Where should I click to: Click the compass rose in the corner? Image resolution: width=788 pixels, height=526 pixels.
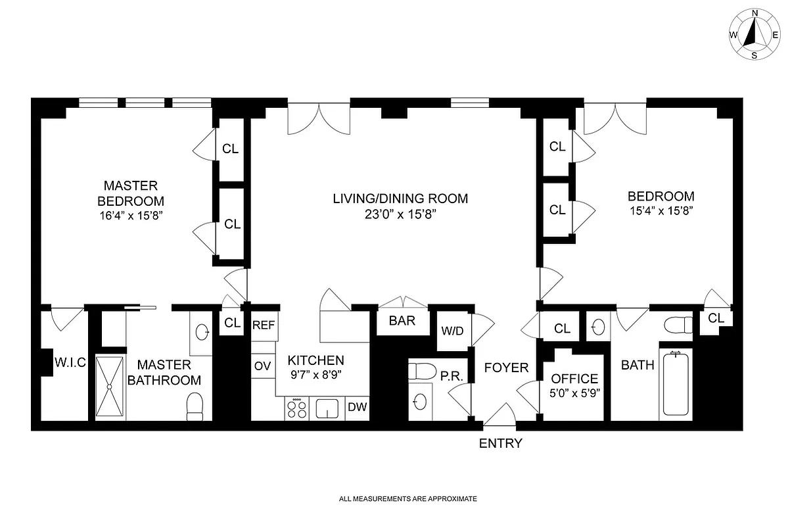pyautogui.click(x=754, y=34)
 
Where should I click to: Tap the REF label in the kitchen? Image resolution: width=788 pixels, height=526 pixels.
pyautogui.click(x=263, y=325)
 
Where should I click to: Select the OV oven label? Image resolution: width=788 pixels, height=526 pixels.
pyautogui.click(x=262, y=366)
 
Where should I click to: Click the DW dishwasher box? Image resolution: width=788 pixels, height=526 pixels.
pyautogui.click(x=357, y=408)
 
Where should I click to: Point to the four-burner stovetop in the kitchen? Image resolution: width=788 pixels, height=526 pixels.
pyautogui.click(x=296, y=409)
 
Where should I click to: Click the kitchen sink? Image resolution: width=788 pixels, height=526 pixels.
pyautogui.click(x=327, y=409)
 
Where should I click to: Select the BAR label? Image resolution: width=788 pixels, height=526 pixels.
pyautogui.click(x=401, y=322)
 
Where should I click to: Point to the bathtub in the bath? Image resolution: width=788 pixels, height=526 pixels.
pyautogui.click(x=676, y=383)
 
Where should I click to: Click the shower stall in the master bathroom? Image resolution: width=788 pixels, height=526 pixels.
pyautogui.click(x=109, y=386)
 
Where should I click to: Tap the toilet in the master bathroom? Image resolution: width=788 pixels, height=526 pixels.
pyautogui.click(x=196, y=406)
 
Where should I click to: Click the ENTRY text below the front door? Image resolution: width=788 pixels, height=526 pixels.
pyautogui.click(x=500, y=443)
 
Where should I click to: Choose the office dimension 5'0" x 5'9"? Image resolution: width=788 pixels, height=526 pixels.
pyautogui.click(x=574, y=393)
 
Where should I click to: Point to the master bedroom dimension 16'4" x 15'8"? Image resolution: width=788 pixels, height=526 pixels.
pyautogui.click(x=130, y=215)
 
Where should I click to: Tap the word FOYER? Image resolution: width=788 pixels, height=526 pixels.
pyautogui.click(x=506, y=368)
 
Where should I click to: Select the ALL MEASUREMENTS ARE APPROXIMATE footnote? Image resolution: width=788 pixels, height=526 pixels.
pyautogui.click(x=407, y=499)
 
